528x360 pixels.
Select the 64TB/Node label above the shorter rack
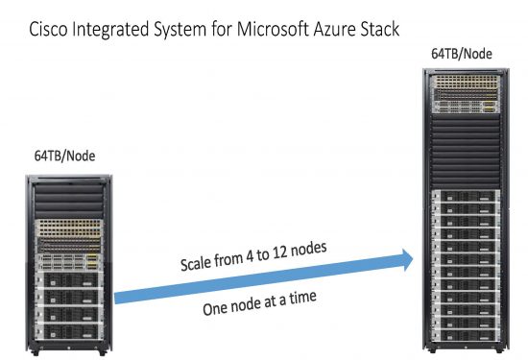(66, 155)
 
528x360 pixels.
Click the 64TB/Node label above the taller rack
(462, 54)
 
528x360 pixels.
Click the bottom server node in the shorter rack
(73, 328)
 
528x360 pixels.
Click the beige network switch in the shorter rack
(73, 228)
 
